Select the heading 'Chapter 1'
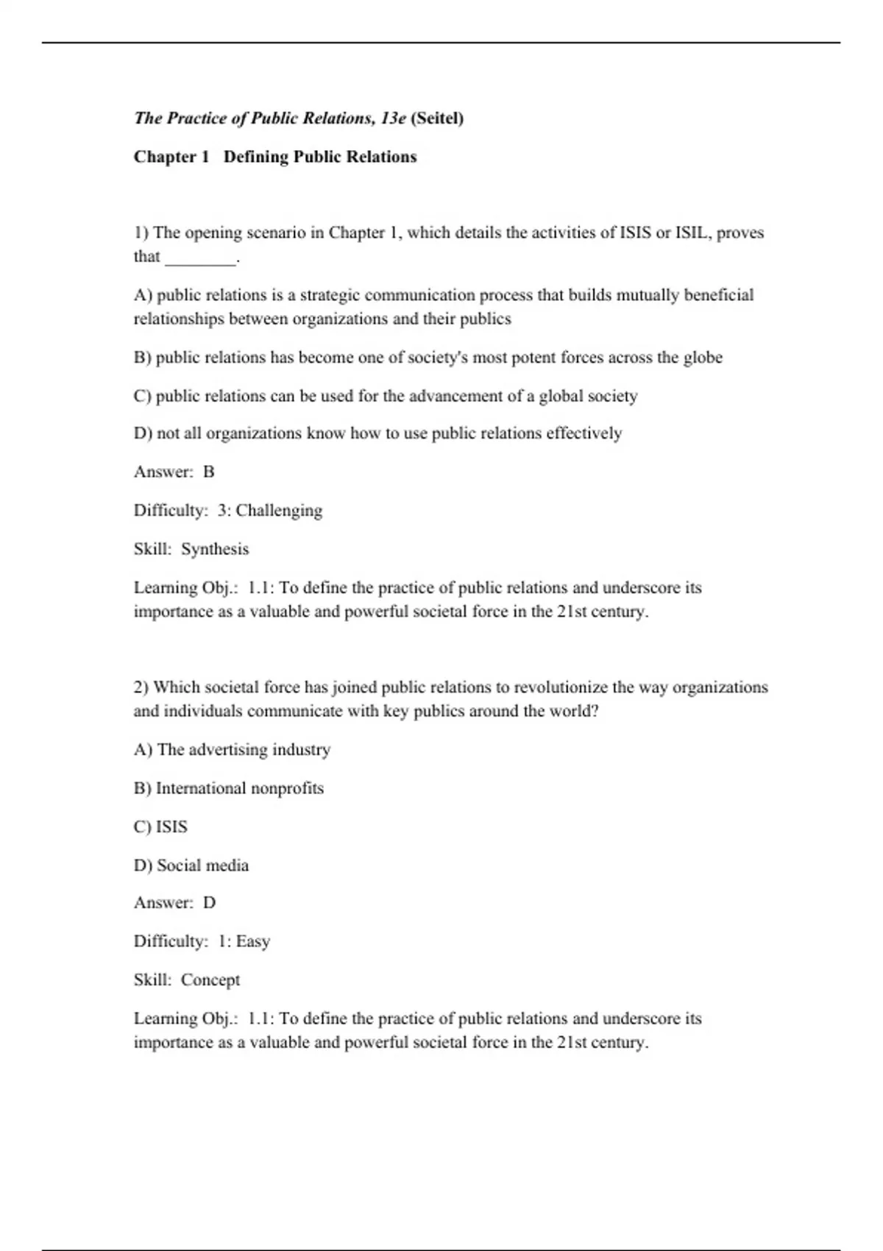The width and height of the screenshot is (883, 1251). click(171, 157)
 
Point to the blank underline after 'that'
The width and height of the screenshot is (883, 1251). click(201, 259)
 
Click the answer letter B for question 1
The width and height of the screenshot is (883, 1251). click(209, 472)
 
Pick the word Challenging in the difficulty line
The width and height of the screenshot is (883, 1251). click(279, 511)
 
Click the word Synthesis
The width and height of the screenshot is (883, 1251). click(215, 549)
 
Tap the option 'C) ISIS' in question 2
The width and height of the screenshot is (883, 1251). click(160, 827)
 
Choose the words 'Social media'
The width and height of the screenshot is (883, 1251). click(202, 865)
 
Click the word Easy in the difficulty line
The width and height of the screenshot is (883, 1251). click(253, 941)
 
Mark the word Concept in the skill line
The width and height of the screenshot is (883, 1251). click(210, 980)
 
